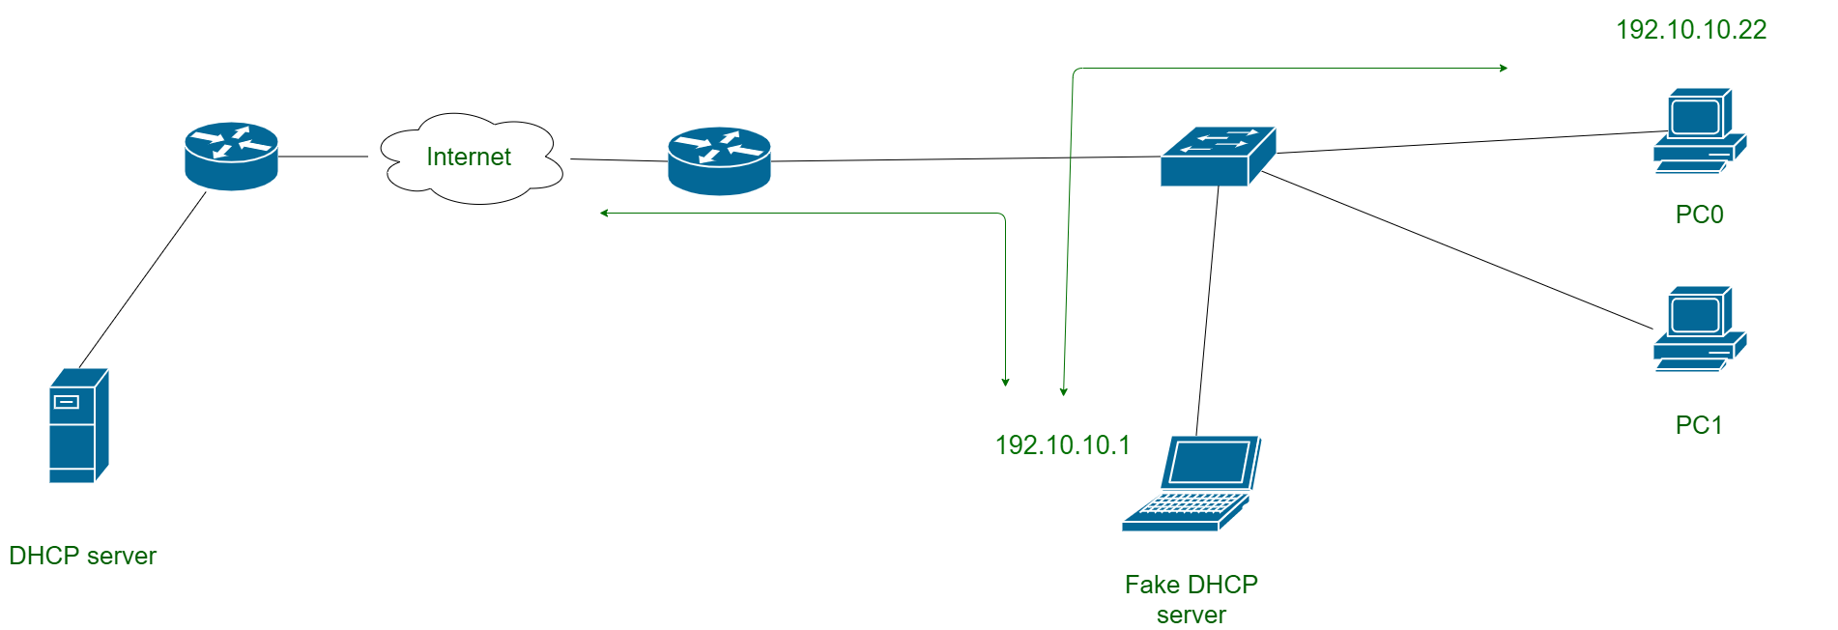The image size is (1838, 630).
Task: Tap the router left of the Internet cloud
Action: [x=231, y=157]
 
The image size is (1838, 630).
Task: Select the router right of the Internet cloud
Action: [x=719, y=161]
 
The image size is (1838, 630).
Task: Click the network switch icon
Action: [x=1218, y=157]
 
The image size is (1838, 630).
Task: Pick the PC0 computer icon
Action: [x=1699, y=131]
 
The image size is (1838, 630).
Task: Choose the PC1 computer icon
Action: [x=1699, y=329]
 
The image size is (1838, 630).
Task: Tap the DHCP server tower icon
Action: [x=78, y=425]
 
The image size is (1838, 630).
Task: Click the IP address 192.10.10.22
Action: [x=1691, y=30]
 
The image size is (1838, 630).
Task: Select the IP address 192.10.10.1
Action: [x=1062, y=444]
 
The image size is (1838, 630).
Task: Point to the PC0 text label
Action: [x=1699, y=215]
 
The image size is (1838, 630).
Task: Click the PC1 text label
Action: [x=1698, y=425]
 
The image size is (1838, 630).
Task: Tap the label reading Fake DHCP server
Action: [x=1191, y=599]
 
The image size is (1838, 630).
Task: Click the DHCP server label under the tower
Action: [x=82, y=556]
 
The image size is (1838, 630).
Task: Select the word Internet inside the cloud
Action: [x=469, y=157]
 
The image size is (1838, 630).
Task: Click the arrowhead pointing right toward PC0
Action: [x=1504, y=68]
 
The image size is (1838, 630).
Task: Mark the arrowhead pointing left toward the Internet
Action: [x=604, y=213]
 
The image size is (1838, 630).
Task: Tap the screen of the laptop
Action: [x=1210, y=461]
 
